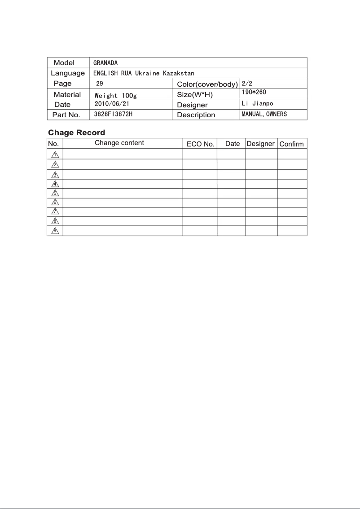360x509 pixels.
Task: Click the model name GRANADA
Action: [105, 63]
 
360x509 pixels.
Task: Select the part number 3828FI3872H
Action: [113, 115]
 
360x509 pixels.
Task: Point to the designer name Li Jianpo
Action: [257, 104]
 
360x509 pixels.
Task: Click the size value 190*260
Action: [255, 92]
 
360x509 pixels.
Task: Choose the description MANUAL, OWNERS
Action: [264, 115]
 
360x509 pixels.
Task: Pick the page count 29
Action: [100, 84]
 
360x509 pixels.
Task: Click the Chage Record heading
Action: [77, 133]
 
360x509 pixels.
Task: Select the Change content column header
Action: [119, 143]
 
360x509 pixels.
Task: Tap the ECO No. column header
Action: [200, 144]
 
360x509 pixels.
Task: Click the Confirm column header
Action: [292, 144]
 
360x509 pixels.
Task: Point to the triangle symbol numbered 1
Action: [55, 155]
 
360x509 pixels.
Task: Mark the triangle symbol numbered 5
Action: [55, 193]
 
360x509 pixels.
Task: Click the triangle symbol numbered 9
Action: [55, 231]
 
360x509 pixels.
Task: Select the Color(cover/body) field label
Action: [207, 84]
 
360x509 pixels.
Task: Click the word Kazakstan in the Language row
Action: [179, 73]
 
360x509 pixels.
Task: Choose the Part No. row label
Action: [66, 115]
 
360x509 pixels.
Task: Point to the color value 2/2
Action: [247, 84]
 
